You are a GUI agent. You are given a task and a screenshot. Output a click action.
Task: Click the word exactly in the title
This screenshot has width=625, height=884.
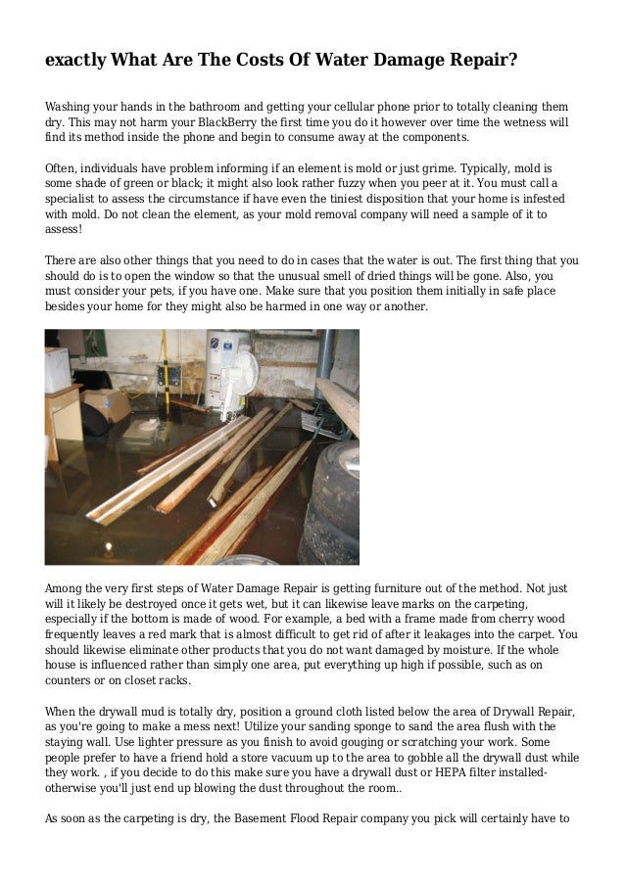[76, 60]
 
